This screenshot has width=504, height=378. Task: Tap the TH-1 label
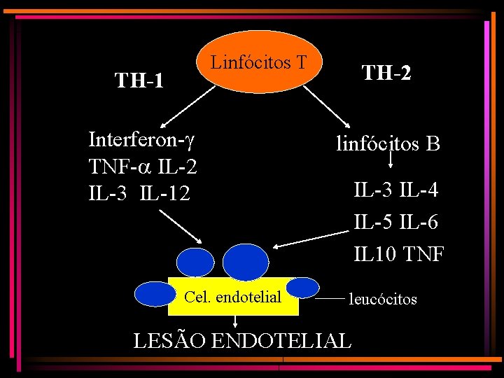(x=139, y=81)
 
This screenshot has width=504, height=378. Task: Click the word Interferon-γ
(x=141, y=140)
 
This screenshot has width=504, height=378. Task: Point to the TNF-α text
(x=113, y=167)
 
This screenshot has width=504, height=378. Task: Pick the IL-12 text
(x=164, y=192)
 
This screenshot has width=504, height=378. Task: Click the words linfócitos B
(x=388, y=144)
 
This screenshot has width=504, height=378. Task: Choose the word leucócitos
(x=383, y=299)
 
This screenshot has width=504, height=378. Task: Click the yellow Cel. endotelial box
(x=233, y=297)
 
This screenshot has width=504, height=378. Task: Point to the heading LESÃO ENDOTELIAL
(x=242, y=341)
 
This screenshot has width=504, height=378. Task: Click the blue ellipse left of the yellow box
(x=153, y=294)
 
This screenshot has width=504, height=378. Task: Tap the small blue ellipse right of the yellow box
(x=303, y=288)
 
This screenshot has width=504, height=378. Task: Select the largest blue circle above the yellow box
(x=245, y=261)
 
